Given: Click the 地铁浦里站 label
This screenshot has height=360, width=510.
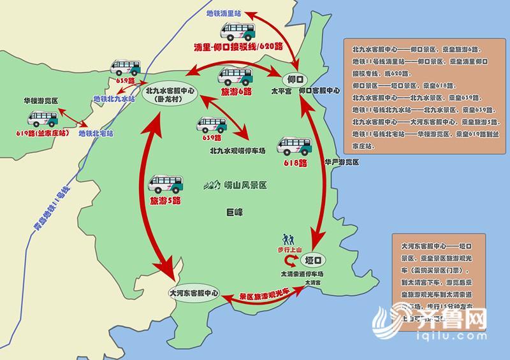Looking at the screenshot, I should click(224, 12).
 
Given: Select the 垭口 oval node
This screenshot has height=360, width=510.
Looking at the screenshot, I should click(312, 260).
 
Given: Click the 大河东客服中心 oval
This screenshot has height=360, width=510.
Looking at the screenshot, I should click(193, 294).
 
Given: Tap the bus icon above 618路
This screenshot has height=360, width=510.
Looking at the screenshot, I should click(294, 146).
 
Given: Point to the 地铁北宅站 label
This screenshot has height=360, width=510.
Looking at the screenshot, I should click(96, 134).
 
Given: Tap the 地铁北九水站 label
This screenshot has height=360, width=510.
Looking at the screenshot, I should click(114, 99).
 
